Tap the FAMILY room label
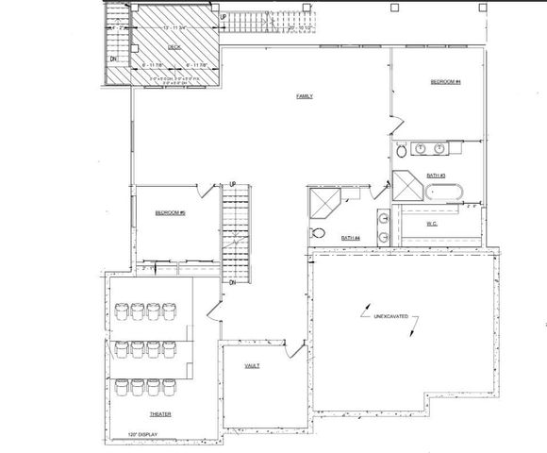point(305,96)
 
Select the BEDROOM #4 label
point(444,82)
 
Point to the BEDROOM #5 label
point(170,213)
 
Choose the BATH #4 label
point(350,237)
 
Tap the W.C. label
point(431,224)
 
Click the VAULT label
point(252,365)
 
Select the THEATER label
point(159,414)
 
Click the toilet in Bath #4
point(319,233)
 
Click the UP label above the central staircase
point(231,184)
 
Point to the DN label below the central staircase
point(232,283)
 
